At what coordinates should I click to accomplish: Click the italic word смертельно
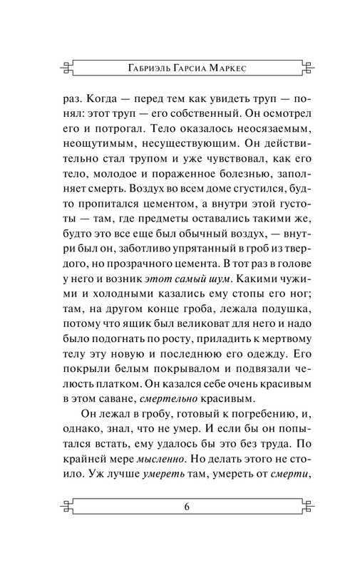click(162, 400)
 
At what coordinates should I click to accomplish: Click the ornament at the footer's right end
click(306, 507)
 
